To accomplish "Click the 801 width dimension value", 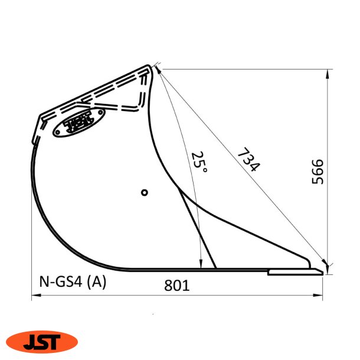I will click(x=176, y=286).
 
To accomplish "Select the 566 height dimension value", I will click(x=318, y=172).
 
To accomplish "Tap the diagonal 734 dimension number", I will click(x=248, y=160).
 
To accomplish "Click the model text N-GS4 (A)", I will click(x=73, y=282).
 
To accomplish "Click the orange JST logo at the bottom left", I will click(x=41, y=341).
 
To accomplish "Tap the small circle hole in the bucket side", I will click(x=145, y=192).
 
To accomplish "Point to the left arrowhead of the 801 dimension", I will click(x=35, y=295).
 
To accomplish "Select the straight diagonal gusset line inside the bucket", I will click(x=198, y=230).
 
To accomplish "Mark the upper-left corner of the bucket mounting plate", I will click(x=40, y=116).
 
